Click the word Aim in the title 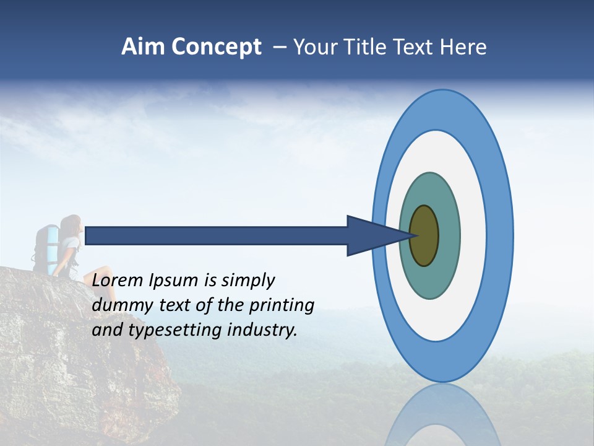[x=140, y=47]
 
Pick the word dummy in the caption [x=119, y=305]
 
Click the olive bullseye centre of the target [x=425, y=235]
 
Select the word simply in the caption [x=247, y=281]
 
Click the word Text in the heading [x=416, y=47]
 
